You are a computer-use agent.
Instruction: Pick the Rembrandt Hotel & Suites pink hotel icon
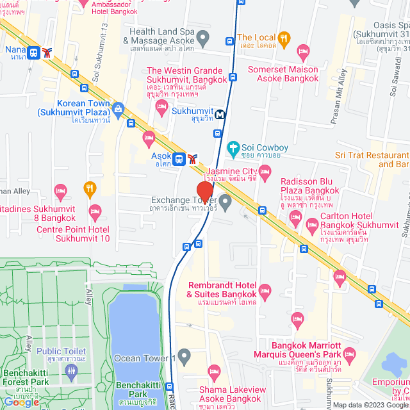tap(265, 291)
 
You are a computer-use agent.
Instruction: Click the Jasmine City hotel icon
tap(265, 171)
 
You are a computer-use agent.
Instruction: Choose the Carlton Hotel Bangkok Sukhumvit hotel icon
tap(312, 224)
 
